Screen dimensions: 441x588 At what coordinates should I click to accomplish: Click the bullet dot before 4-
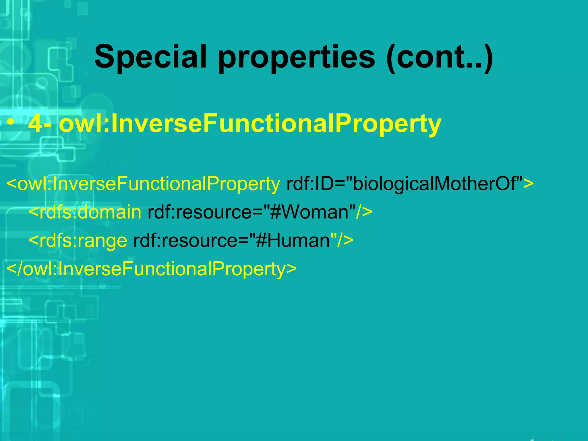click(11, 123)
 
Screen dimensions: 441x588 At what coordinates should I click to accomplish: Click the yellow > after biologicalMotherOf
click(528, 184)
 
